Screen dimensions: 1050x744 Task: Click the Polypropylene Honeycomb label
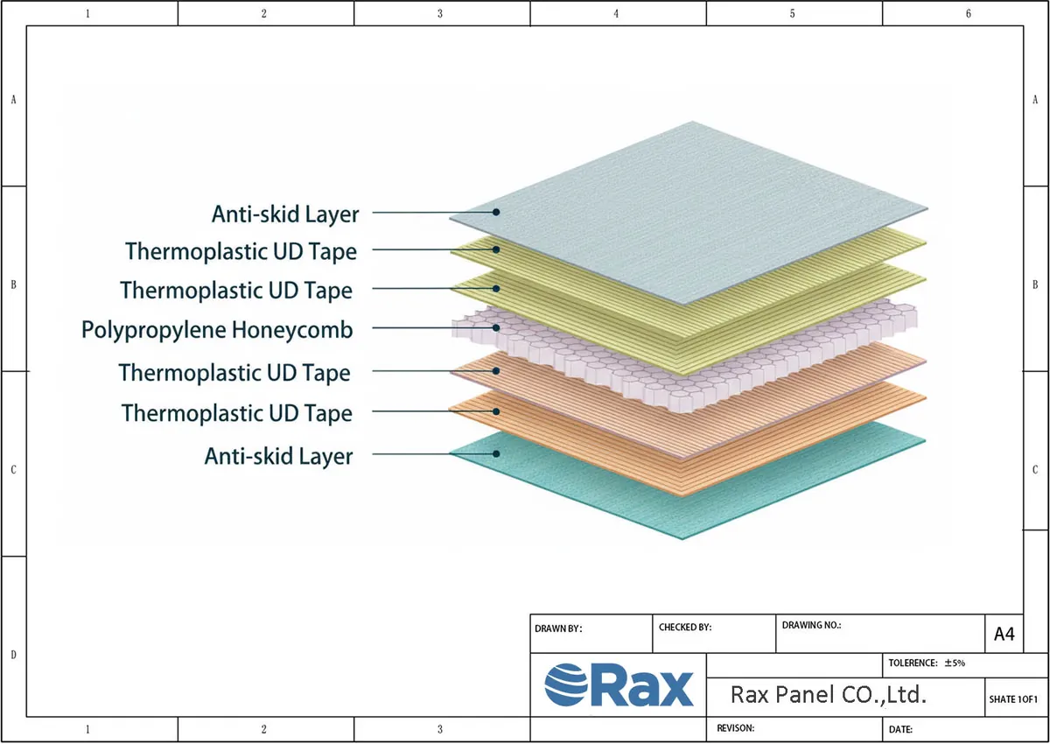tap(217, 330)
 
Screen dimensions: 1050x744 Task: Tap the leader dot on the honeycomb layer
tap(496, 327)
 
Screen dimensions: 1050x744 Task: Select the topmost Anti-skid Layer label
tap(285, 214)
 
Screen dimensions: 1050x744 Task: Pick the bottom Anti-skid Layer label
tap(278, 456)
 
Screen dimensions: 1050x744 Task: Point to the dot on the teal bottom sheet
tap(496, 453)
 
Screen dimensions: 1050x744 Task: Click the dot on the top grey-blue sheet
tap(496, 212)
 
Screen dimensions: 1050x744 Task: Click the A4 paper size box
tap(1004, 634)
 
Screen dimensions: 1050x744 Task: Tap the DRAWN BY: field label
tap(558, 628)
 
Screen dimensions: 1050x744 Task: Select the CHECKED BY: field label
tap(685, 628)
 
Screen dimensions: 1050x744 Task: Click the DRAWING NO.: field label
tap(811, 625)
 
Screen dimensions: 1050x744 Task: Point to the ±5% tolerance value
tap(955, 663)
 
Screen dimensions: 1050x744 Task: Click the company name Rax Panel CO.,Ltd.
tap(829, 695)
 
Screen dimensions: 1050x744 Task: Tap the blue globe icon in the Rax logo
tap(566, 684)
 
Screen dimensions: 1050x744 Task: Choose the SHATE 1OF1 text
tap(1013, 699)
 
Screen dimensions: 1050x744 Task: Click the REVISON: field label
tap(735, 728)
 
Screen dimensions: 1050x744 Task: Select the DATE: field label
tap(900, 729)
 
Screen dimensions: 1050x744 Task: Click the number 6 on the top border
tap(969, 14)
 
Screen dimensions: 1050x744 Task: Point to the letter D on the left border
tap(14, 655)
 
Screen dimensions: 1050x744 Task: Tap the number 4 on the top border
tap(616, 14)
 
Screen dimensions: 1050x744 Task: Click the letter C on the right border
tap(1035, 470)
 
